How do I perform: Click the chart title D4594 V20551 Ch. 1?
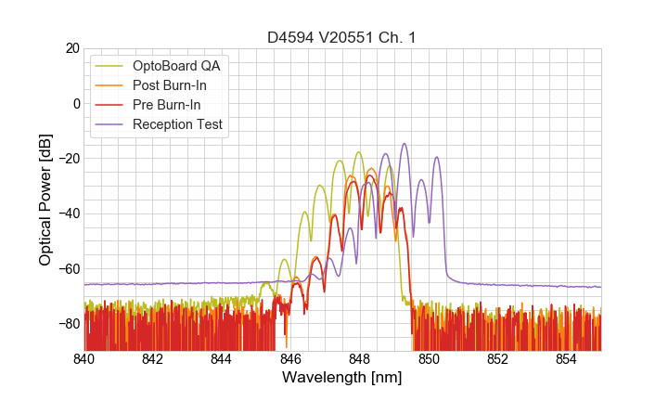pos(342,37)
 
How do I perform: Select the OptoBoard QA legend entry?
pos(176,66)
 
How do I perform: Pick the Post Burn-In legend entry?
pos(170,85)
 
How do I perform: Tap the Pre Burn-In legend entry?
pos(167,105)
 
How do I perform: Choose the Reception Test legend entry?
pos(177,124)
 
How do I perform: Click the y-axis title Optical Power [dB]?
pos(45,200)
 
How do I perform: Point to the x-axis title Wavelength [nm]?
pos(342,378)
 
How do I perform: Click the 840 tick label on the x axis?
pos(84,359)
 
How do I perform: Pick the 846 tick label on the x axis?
pos(291,359)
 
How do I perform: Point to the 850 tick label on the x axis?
pos(429,359)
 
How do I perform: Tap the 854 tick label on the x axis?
pos(567,359)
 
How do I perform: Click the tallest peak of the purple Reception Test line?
pos(405,144)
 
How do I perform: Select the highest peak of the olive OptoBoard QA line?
pos(358,152)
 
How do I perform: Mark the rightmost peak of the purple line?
pos(436,158)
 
